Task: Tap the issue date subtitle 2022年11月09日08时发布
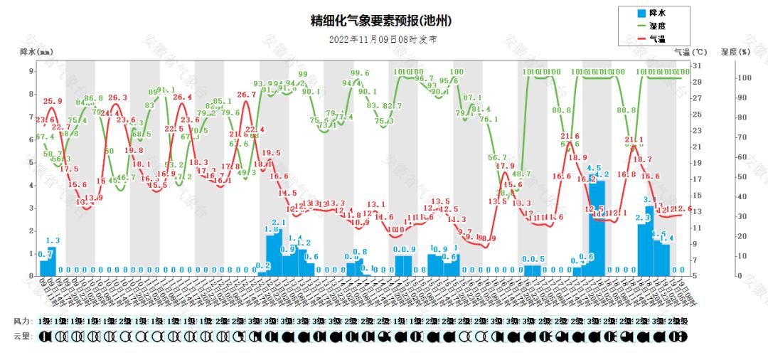coord(383,40)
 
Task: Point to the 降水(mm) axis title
coord(36,52)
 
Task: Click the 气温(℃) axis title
coord(690,52)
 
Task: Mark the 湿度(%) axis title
coord(735,52)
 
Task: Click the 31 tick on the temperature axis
coord(696,66)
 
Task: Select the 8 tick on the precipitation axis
coord(31,94)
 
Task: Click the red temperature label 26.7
coord(246,95)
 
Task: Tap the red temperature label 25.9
coord(53,101)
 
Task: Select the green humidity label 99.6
coord(360,73)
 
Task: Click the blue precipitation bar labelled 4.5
coord(593,224)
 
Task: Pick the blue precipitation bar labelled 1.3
coord(52,261)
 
